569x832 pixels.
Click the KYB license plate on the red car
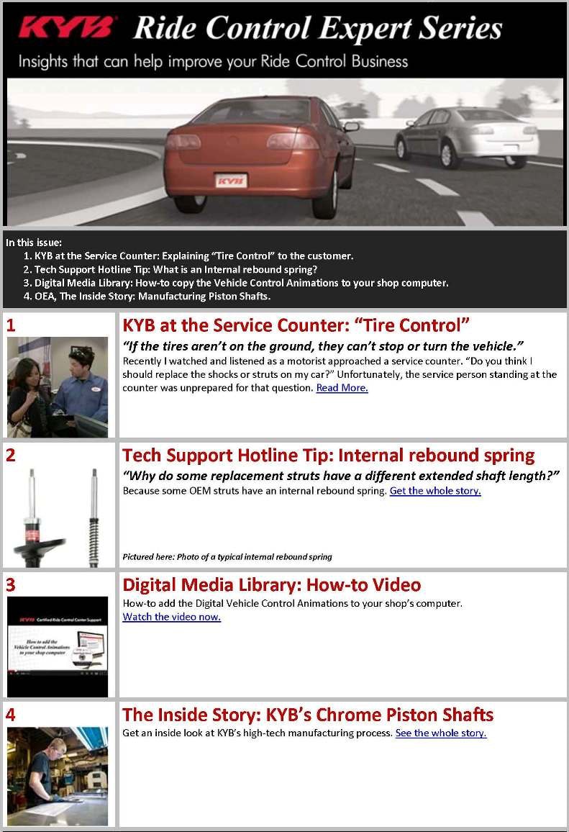(231, 181)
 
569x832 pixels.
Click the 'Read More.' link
(342, 388)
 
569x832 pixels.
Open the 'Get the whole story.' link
(435, 491)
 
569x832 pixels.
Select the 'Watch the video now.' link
(171, 617)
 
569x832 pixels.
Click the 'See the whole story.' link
(441, 733)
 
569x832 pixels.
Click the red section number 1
(11, 325)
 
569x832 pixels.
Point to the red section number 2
(11, 455)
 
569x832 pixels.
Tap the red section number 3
(11, 584)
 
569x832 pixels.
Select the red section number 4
(11, 715)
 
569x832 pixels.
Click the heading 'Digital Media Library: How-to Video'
(271, 585)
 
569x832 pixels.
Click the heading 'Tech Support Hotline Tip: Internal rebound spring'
(328, 456)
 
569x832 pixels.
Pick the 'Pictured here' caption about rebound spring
(227, 557)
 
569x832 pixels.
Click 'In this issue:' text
(34, 243)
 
